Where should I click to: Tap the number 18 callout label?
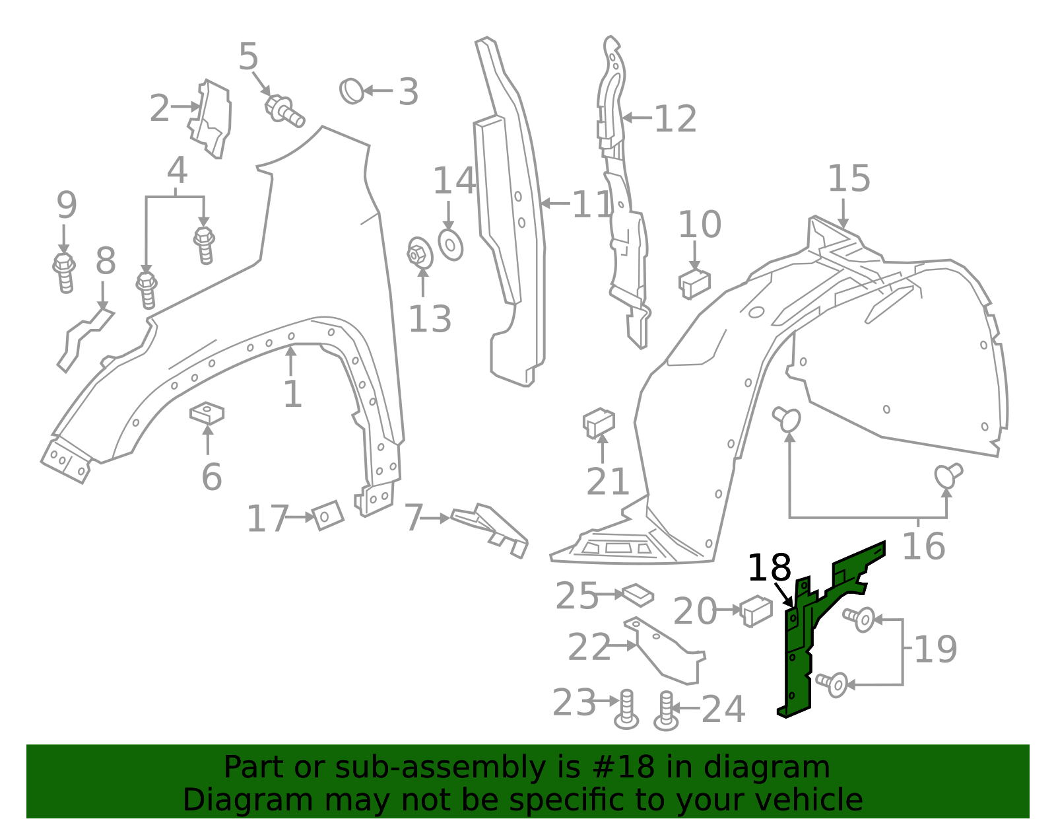tap(770, 567)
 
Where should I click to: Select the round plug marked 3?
tap(352, 91)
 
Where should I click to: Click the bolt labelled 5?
tap(284, 111)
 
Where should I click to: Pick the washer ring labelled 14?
tap(451, 246)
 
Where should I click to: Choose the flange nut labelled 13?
tap(420, 253)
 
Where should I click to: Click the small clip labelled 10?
tap(694, 284)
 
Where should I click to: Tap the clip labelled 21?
tap(599, 423)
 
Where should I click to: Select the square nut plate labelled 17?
tap(328, 515)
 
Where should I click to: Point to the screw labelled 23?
tap(626, 710)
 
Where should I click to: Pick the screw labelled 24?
tap(666, 711)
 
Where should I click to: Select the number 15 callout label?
tap(849, 178)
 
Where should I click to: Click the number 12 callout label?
tap(675, 119)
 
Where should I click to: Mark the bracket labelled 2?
tap(210, 119)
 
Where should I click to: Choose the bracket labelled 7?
tap(489, 530)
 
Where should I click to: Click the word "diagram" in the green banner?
tap(766, 767)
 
